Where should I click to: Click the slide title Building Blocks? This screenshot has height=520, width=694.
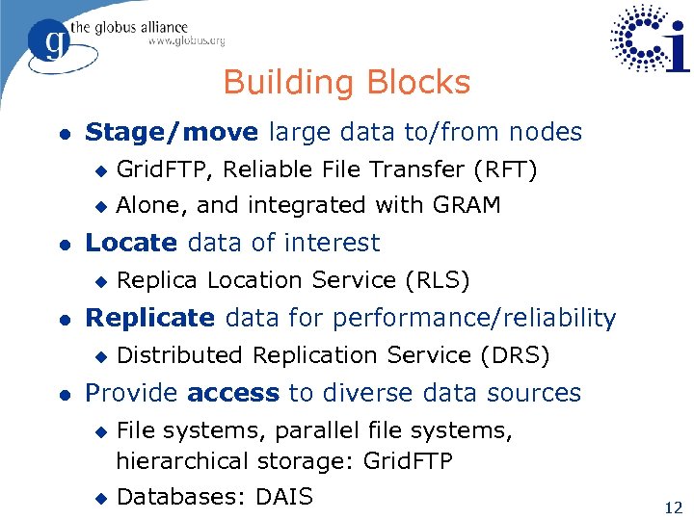point(347,83)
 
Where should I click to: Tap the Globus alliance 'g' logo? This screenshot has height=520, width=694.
point(50,42)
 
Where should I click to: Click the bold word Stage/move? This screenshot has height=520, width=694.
point(172,132)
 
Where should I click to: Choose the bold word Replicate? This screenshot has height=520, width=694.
point(150,318)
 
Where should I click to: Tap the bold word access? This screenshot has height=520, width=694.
point(233,393)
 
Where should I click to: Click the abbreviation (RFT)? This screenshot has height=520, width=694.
point(505,169)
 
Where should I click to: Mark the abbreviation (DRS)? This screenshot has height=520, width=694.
point(515,355)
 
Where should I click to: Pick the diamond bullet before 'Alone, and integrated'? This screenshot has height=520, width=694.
point(97,206)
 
